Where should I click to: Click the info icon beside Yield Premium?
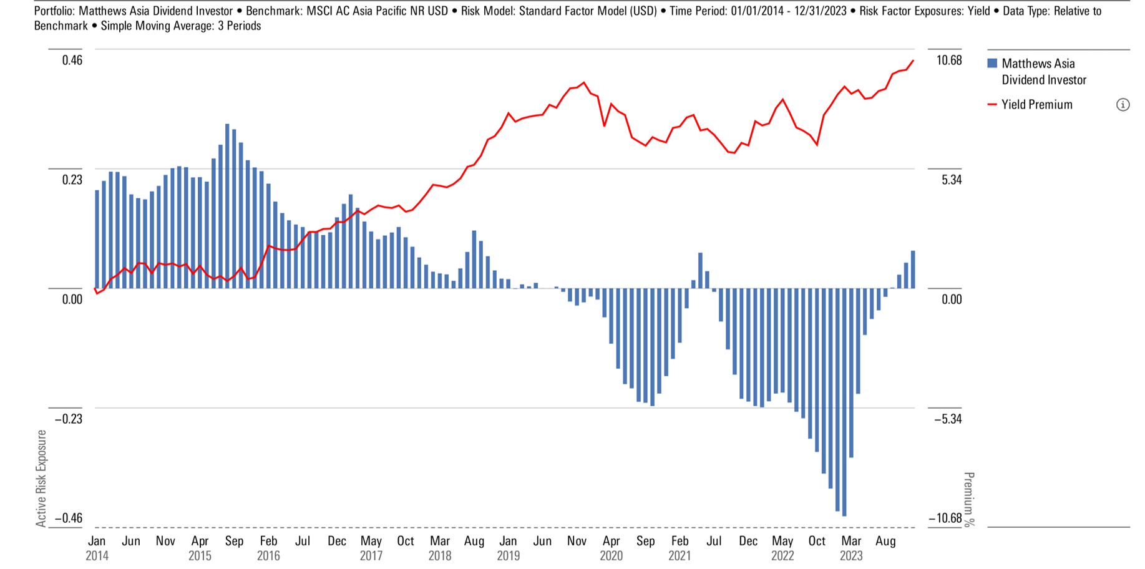click(1123, 105)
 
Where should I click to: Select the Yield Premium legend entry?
click(1036, 105)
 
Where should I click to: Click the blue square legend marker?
click(992, 64)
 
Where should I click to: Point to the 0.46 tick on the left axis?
click(72, 61)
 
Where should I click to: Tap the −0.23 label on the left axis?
click(68, 419)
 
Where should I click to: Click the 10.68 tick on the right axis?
click(949, 61)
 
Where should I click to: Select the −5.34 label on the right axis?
click(947, 419)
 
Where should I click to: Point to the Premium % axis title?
click(968, 499)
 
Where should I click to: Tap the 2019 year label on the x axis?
click(509, 555)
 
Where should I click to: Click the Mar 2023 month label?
click(851, 541)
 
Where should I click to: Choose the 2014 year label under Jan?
click(97, 555)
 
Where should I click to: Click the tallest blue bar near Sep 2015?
click(227, 206)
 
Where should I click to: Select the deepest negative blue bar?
click(844, 402)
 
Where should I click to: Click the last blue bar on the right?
click(913, 270)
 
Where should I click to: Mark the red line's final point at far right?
click(914, 61)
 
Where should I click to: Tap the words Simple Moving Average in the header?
click(152, 26)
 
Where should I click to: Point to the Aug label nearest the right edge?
click(885, 541)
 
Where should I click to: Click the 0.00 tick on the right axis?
click(952, 299)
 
